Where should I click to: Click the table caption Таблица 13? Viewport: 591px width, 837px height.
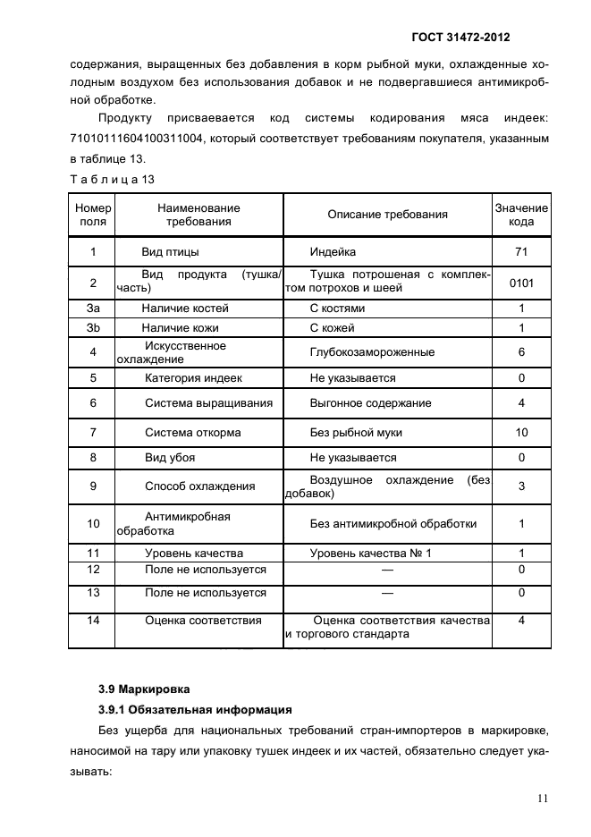112,180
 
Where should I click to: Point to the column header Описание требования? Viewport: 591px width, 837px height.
387,215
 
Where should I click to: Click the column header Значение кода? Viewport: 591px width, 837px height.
521,215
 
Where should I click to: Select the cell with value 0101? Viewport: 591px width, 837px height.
521,282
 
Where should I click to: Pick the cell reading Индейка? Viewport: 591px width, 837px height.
333,252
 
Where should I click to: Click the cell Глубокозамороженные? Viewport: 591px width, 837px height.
359,352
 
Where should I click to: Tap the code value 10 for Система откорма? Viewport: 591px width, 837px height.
521,432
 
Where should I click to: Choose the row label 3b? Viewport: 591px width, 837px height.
92,328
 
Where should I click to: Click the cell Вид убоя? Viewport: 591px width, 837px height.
170,458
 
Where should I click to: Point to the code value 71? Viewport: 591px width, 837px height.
521,252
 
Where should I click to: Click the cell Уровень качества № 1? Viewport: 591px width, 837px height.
370,554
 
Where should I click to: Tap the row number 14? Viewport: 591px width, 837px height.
92,620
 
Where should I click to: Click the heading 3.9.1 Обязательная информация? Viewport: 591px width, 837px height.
195,710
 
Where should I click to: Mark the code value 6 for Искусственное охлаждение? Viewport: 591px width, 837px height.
521,352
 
